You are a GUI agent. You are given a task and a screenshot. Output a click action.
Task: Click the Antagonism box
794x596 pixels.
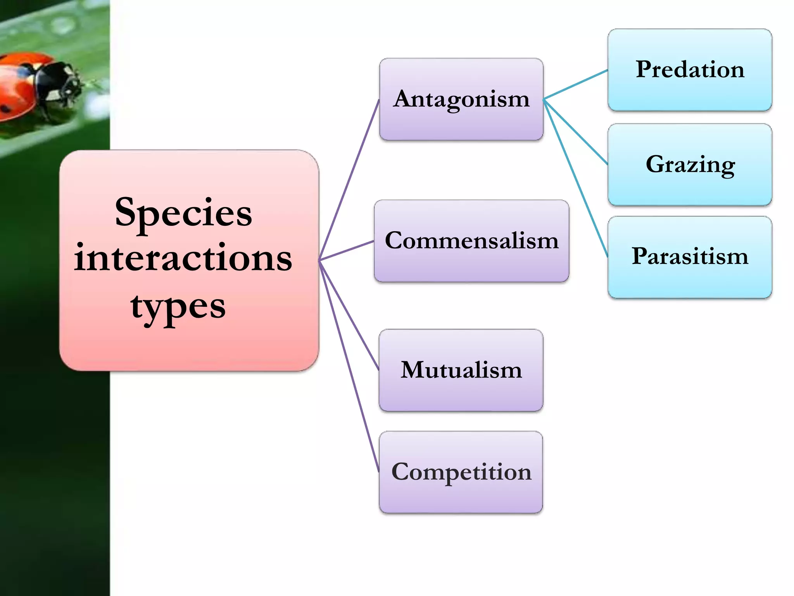click(461, 99)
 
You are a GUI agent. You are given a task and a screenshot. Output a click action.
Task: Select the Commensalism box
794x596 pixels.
click(471, 241)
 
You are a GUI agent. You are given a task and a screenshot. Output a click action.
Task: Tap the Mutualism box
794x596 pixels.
click(461, 370)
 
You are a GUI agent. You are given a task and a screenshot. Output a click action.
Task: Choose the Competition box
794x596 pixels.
click(461, 472)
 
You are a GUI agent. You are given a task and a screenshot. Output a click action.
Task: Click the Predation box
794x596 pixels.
click(690, 70)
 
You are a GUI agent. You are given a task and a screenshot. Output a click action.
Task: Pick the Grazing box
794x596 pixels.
click(690, 165)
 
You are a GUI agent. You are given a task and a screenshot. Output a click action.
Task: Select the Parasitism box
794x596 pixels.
click(690, 257)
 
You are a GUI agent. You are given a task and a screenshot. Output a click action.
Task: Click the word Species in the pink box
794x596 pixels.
click(183, 213)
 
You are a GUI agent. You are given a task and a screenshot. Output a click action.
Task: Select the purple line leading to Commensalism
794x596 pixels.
click(346, 251)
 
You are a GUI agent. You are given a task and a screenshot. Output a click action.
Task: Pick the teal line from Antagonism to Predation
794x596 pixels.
click(576, 85)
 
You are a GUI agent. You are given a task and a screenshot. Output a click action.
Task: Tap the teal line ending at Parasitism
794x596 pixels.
click(576, 178)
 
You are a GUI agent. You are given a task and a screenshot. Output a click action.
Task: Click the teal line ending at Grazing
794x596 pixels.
click(576, 132)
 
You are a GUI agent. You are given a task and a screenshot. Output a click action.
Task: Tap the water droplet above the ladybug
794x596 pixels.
click(62, 25)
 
